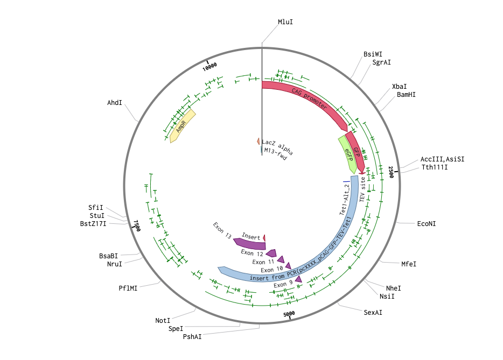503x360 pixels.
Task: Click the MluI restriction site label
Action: pyautogui.click(x=285, y=22)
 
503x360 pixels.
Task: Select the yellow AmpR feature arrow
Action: pyautogui.click(x=183, y=126)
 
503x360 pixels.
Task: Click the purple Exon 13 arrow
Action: pyautogui.click(x=249, y=244)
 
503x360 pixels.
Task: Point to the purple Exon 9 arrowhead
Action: pyautogui.click(x=299, y=279)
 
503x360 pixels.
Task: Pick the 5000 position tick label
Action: pyautogui.click(x=289, y=314)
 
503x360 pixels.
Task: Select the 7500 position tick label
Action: pyautogui.click(x=137, y=225)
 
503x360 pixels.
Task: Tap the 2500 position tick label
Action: pyautogui.click(x=391, y=172)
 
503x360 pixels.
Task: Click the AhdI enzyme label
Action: pyautogui.click(x=115, y=103)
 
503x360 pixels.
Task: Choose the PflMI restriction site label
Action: pyautogui.click(x=128, y=288)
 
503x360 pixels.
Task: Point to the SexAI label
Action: pyautogui.click(x=373, y=312)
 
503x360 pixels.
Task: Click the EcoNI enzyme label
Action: pyautogui.click(x=427, y=224)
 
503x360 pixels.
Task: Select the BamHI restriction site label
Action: pyautogui.click(x=406, y=95)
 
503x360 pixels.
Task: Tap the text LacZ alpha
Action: pyautogui.click(x=277, y=147)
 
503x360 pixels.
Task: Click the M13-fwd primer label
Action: pyautogui.click(x=275, y=154)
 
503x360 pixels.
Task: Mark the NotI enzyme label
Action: pyautogui.click(x=163, y=321)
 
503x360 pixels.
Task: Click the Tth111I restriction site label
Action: pyautogui.click(x=435, y=167)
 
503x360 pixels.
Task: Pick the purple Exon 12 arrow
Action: pyautogui.click(x=271, y=253)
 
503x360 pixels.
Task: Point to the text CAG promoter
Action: pyautogui.click(x=310, y=98)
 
